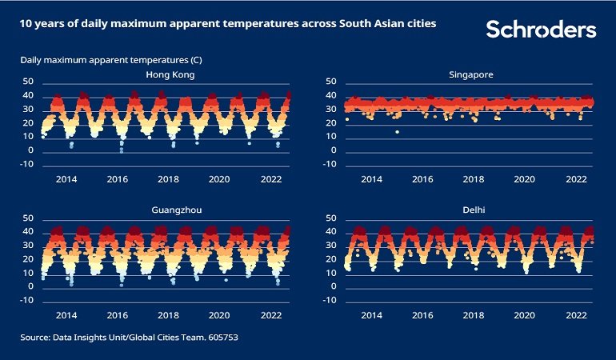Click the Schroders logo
tap(541, 30)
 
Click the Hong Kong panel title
tap(170, 75)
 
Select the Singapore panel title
tap(471, 75)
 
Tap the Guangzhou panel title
tap(170, 211)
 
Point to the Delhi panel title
tap(471, 211)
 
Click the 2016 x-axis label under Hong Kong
tap(118, 180)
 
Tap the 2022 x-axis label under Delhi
tap(578, 316)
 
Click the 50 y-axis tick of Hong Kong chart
tap(28, 82)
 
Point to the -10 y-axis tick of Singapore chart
tap(329, 165)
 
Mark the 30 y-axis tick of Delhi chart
tap(330, 246)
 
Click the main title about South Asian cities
tap(228, 25)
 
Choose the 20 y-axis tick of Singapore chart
tap(330, 123)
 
